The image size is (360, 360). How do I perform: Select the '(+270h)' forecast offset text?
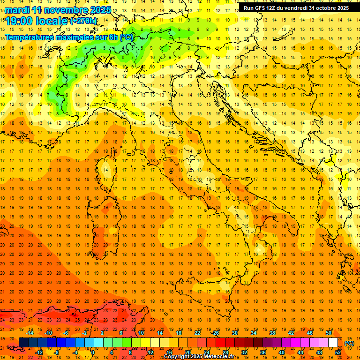tap(83, 21)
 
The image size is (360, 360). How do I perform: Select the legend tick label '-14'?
tap(30, 333)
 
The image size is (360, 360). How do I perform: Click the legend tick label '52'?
tap(338, 352)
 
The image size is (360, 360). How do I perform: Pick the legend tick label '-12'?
tap(39, 352)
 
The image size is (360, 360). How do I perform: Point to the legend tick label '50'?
tap(329, 333)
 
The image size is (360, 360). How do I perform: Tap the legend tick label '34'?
tap(254, 333)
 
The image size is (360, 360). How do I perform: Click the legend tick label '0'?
tap(93, 352)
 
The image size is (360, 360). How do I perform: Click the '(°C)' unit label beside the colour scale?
tap(349, 343)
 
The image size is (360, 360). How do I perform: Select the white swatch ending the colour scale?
tap(333, 343)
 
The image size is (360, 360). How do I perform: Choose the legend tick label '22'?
tap(197, 333)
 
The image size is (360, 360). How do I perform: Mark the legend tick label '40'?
tap(282, 352)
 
